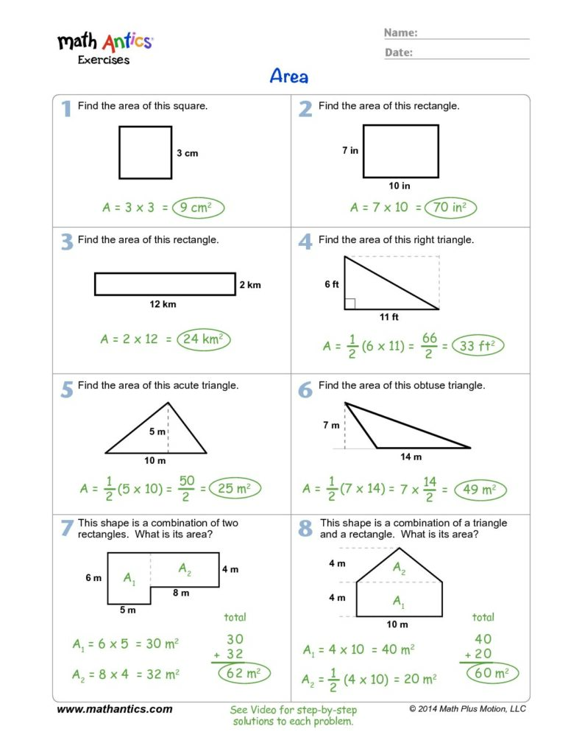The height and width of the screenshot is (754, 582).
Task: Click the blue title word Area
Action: [x=289, y=76]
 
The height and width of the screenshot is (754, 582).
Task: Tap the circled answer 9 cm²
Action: [x=198, y=208]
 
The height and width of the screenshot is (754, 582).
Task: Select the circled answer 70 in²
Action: [x=450, y=208]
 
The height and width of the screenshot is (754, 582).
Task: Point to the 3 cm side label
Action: [x=187, y=154]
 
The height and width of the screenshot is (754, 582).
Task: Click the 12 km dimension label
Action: [x=163, y=304]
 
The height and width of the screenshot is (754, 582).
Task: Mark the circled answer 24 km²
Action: [x=202, y=339]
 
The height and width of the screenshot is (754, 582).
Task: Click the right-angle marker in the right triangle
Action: [x=349, y=303]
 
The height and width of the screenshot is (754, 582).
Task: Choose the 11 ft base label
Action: [x=389, y=317]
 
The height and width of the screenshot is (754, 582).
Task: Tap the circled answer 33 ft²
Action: [x=478, y=345]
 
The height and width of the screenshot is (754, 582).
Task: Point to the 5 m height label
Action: [x=157, y=431]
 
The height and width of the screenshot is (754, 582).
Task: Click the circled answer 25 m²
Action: [x=235, y=487]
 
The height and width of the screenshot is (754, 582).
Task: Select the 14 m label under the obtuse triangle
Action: [x=411, y=457]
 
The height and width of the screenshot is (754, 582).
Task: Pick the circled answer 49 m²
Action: [x=480, y=489]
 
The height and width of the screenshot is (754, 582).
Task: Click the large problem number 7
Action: [x=66, y=528]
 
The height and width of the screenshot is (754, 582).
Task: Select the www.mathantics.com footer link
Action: [x=115, y=710]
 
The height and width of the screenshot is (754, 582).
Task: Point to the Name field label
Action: [x=401, y=32]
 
